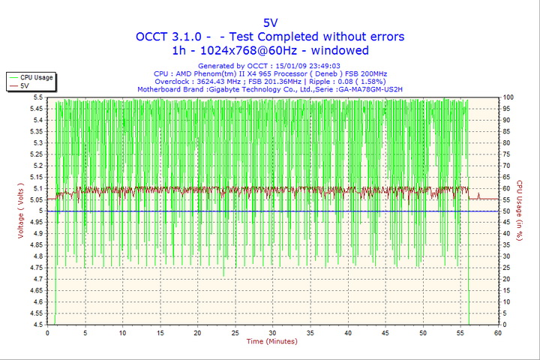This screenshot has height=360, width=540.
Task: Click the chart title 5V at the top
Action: coord(270,22)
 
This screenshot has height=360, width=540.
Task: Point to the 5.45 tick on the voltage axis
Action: coord(36,109)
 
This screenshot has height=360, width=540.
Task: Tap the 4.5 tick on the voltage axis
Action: coord(38,325)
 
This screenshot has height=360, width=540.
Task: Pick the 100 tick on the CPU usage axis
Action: coord(508,97)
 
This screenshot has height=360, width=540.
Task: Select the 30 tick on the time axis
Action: coord(272,332)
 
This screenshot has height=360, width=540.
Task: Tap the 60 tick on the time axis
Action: coord(497,332)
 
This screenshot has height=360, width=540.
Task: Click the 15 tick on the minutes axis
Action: coord(160,332)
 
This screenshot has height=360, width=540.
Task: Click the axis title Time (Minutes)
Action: coord(271,341)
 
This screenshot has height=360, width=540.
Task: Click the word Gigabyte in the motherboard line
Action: coord(228,88)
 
